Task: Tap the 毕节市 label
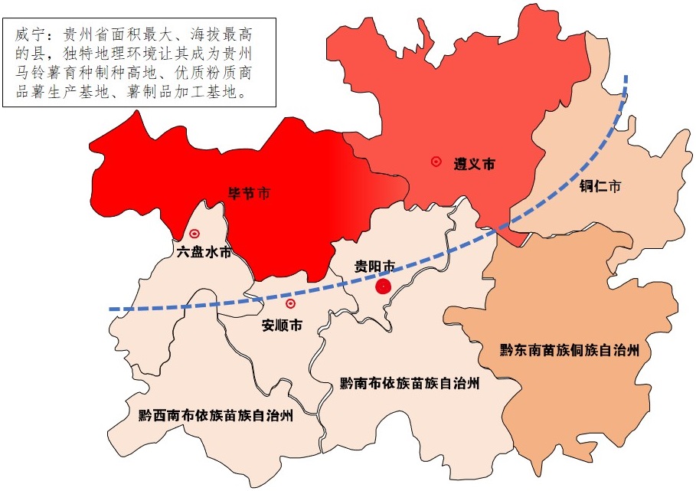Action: click(250, 193)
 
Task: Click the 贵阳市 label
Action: click(374, 267)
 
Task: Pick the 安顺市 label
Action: click(282, 325)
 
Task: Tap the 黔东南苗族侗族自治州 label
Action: click(570, 350)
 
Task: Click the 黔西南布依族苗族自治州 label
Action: click(217, 417)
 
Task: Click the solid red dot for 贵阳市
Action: click(384, 286)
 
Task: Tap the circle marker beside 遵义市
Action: click(436, 162)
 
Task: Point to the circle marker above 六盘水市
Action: click(194, 234)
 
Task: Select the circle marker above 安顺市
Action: click(290, 303)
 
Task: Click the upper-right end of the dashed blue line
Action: click(626, 77)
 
